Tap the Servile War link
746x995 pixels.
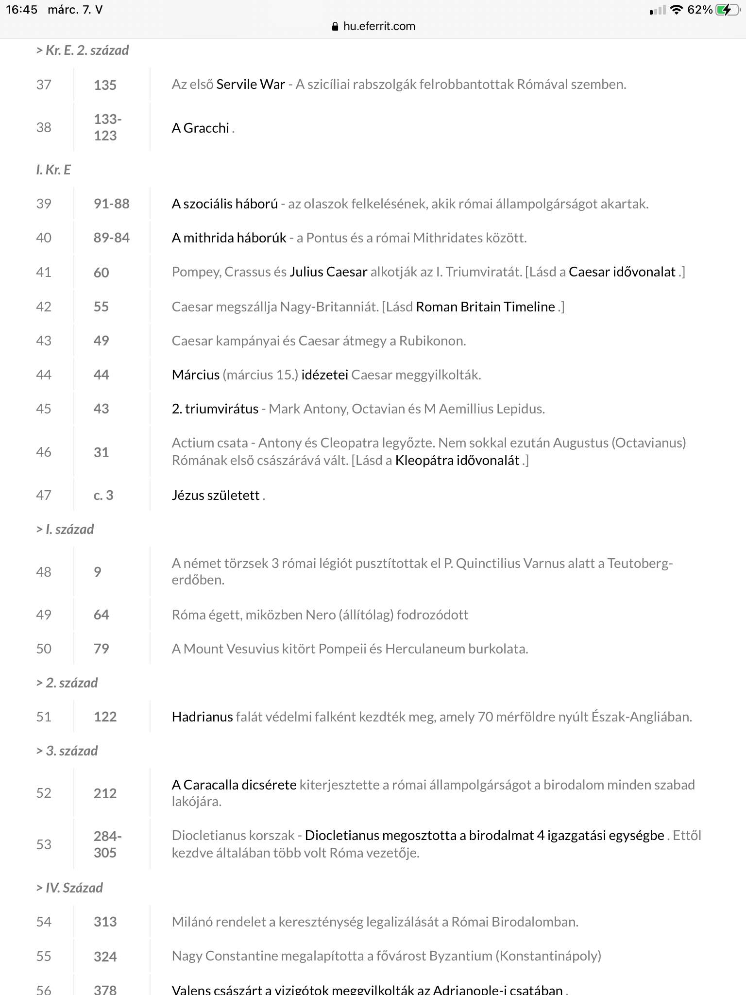click(x=251, y=85)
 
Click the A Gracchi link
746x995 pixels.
click(x=200, y=128)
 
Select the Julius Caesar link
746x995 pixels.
click(x=328, y=272)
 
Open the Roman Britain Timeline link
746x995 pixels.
click(x=485, y=307)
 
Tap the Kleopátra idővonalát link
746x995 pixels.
click(x=457, y=460)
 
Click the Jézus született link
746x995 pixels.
click(x=216, y=495)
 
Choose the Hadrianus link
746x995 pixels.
click(x=202, y=717)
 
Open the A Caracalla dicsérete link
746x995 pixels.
click(x=234, y=785)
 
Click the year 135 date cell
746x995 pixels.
click(x=105, y=85)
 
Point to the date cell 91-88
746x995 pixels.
click(x=112, y=204)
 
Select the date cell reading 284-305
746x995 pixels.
click(x=108, y=844)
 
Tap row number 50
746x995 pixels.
click(x=44, y=649)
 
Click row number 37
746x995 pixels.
click(x=44, y=85)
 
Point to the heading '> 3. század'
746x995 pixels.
click(x=67, y=751)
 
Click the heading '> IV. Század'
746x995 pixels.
click(x=69, y=888)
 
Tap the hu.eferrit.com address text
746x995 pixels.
click(x=379, y=26)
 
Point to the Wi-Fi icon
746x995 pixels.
click(x=676, y=10)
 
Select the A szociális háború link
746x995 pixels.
click(x=224, y=204)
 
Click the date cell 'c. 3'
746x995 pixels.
click(x=103, y=495)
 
